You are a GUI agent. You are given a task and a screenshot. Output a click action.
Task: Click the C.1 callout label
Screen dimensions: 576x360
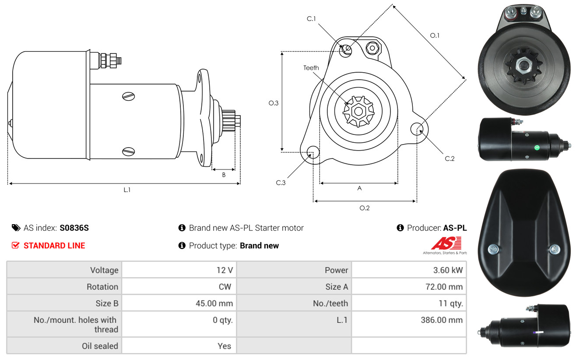pyautogui.click(x=311, y=18)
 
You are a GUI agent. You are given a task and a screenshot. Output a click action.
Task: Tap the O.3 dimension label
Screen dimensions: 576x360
pyautogui.click(x=274, y=103)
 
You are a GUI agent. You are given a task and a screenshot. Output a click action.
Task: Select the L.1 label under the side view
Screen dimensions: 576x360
pyautogui.click(x=127, y=190)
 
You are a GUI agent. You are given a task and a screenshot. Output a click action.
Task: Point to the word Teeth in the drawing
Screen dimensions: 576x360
pyautogui.click(x=311, y=68)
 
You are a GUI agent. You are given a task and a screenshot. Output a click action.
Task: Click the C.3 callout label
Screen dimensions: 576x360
pyautogui.click(x=281, y=183)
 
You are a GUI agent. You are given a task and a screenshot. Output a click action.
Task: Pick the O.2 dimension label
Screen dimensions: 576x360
pyautogui.click(x=364, y=208)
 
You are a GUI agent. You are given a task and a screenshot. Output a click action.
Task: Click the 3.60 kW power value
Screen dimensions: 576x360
pyautogui.click(x=448, y=270)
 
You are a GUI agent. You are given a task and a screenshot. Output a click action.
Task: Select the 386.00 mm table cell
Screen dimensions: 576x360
pyautogui.click(x=442, y=320)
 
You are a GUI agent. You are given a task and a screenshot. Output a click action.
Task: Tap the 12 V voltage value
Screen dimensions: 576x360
pyautogui.click(x=225, y=270)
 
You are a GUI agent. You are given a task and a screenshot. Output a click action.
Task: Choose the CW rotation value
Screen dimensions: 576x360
pyautogui.click(x=225, y=287)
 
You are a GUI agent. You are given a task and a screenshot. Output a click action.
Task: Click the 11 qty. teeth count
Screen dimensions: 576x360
pyautogui.click(x=451, y=304)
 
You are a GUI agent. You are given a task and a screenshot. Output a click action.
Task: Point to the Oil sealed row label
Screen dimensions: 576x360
pyautogui.click(x=100, y=346)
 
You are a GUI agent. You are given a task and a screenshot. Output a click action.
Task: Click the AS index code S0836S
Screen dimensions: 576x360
pyautogui.click(x=74, y=228)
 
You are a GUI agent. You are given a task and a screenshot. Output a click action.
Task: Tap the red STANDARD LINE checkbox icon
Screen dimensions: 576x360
pyautogui.click(x=15, y=245)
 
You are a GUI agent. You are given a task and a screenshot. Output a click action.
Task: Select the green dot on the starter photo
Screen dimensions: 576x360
pyautogui.click(x=537, y=148)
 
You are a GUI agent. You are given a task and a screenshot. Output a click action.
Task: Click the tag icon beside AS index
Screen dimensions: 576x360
pyautogui.click(x=16, y=228)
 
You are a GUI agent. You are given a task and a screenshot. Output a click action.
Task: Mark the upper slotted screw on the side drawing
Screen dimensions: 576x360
pyautogui.click(x=129, y=96)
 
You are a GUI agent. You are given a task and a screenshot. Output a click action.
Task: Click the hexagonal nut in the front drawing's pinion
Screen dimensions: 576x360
pyautogui.click(x=358, y=111)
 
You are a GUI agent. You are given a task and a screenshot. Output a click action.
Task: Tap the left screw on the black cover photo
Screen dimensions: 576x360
pyautogui.click(x=493, y=249)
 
